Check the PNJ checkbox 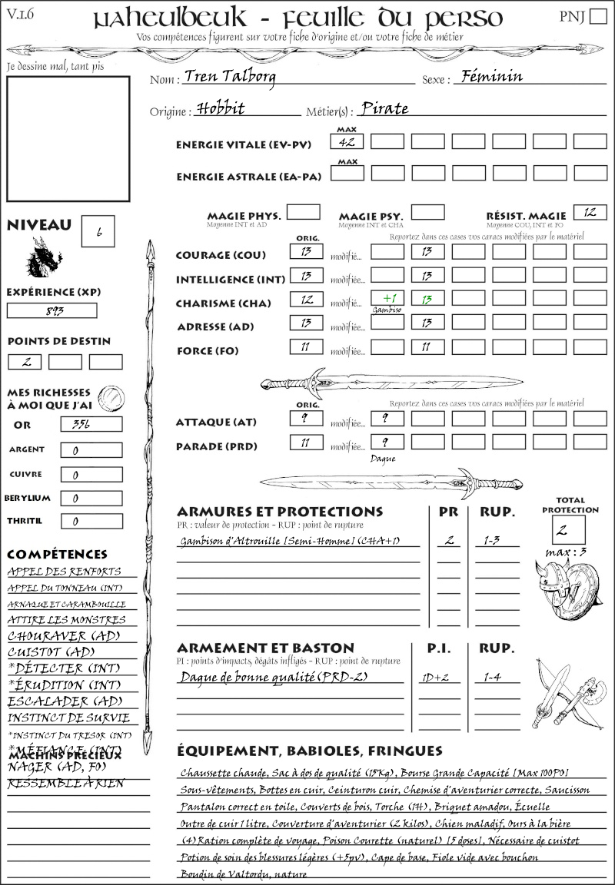click(x=597, y=18)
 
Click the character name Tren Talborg click(x=230, y=77)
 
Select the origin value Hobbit click(x=221, y=108)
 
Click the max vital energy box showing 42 click(x=347, y=141)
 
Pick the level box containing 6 click(x=99, y=233)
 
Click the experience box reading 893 click(x=52, y=310)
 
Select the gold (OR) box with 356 click(x=91, y=424)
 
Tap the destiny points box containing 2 click(x=25, y=362)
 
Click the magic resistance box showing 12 click(x=590, y=212)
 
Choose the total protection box click(x=569, y=530)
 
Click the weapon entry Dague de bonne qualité click(x=253, y=678)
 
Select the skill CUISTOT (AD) click(x=52, y=652)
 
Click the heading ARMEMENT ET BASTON click(x=265, y=648)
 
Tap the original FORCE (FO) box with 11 click(x=306, y=347)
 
